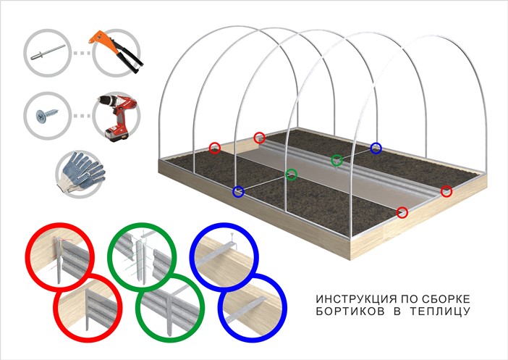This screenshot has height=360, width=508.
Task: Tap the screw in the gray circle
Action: tap(47, 115)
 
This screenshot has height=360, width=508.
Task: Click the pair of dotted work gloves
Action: tap(81, 172)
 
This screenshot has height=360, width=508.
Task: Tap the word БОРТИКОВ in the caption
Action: tap(350, 311)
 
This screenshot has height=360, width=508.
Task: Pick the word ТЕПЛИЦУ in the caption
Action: tap(440, 311)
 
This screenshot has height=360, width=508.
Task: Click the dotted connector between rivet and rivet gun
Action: tap(81, 53)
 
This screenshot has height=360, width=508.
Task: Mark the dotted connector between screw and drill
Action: tap(81, 116)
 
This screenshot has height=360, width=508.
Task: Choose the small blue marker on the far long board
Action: tap(376, 148)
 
